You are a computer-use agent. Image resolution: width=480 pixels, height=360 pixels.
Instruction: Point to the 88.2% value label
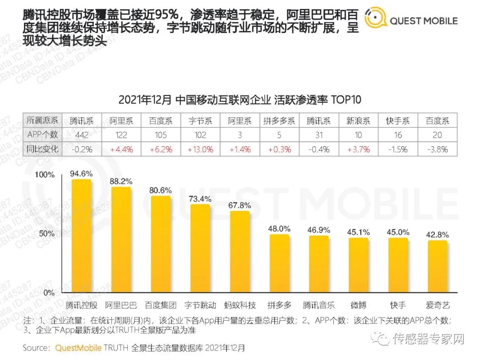pyautogui.click(x=120, y=181)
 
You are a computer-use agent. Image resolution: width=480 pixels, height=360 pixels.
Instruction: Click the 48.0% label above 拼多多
pyautogui.click(x=279, y=228)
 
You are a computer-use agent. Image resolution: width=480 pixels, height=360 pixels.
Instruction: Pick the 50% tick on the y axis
pyautogui.click(x=46, y=234)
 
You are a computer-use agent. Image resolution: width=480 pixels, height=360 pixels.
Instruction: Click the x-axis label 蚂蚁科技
pyautogui.click(x=240, y=305)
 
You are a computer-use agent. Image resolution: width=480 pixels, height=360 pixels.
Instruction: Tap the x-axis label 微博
pyautogui.click(x=358, y=305)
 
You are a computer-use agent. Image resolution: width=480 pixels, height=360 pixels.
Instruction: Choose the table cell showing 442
pyautogui.click(x=81, y=135)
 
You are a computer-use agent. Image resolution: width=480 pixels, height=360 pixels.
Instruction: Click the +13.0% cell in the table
pyautogui.click(x=200, y=149)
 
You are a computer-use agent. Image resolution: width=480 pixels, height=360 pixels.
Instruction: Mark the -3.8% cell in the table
pyautogui.click(x=437, y=149)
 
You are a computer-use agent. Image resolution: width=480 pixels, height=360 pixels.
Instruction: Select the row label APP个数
pyautogui.click(x=42, y=135)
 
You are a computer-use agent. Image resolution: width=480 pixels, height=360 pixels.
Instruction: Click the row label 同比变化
pyautogui.click(x=42, y=149)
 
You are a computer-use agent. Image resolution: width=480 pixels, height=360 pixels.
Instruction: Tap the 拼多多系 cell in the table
pyautogui.click(x=279, y=121)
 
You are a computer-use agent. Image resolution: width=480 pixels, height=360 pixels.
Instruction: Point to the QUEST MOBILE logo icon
pyautogui.click(x=375, y=18)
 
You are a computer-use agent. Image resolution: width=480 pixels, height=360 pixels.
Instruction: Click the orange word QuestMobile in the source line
pyautogui.click(x=78, y=348)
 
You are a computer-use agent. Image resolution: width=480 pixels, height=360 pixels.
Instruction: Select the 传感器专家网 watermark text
pyautogui.click(x=428, y=340)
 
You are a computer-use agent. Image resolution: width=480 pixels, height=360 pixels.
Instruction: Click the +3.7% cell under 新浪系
pyautogui.click(x=358, y=149)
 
